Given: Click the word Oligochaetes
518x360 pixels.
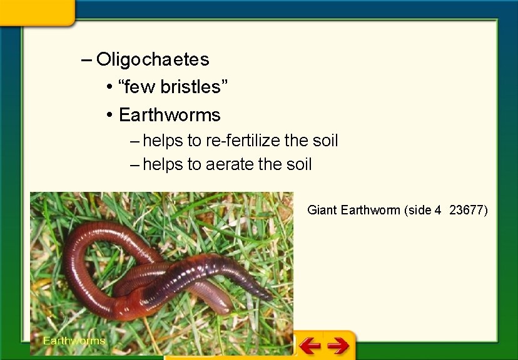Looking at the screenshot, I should [x=153, y=60].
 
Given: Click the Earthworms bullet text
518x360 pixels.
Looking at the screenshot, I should [x=170, y=115].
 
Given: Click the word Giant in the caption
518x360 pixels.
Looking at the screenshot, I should [x=322, y=210].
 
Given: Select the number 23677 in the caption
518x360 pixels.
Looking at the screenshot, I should [x=468, y=210].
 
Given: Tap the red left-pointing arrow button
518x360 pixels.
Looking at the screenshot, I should [x=309, y=344].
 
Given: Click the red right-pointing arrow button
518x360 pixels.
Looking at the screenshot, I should [x=338, y=344].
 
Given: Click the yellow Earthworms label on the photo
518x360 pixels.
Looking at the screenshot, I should [x=74, y=341].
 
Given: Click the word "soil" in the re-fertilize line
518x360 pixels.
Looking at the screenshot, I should [x=325, y=141].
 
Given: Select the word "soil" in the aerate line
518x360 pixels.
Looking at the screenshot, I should [x=298, y=165].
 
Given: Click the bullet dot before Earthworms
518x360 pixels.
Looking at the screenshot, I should [x=109, y=115].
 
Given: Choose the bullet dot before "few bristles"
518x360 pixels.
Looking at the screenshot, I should [x=109, y=87].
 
